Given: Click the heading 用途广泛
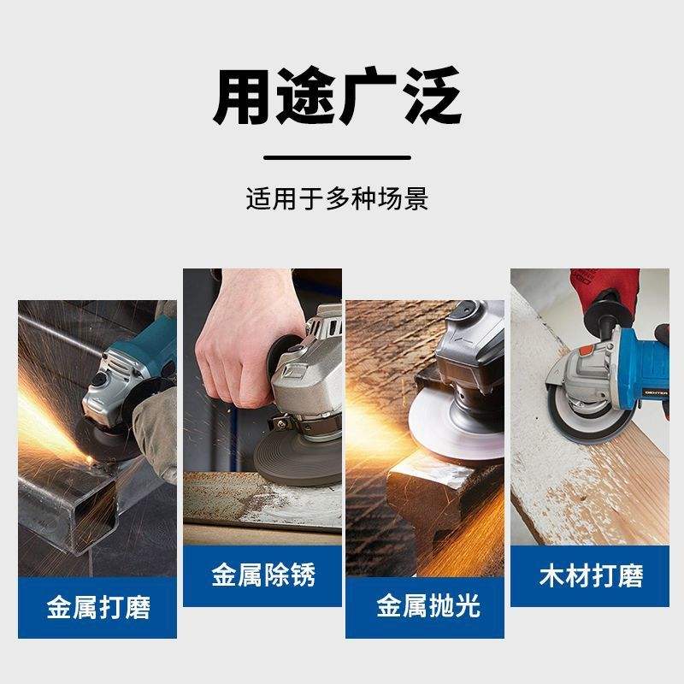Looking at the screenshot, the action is (337, 96).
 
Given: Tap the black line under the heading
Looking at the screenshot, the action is (337, 158).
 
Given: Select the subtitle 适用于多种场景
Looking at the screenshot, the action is (337, 198).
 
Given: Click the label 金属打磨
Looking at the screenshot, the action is (98, 607).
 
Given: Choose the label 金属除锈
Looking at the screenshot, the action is (263, 575).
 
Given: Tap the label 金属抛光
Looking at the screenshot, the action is (428, 605).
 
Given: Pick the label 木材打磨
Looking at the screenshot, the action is (591, 575).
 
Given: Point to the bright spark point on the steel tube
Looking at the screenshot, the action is (90, 459).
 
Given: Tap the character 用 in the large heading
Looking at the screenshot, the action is (242, 96).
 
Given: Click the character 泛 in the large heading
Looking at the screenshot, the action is (432, 96).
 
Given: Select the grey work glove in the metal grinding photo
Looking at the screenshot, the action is (156, 432).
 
